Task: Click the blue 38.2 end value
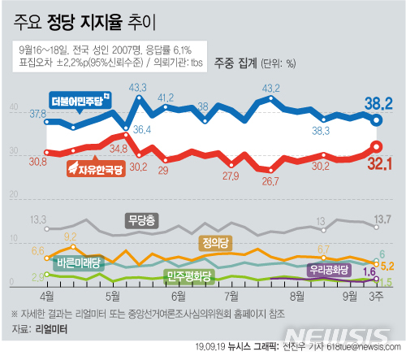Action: point(377,102)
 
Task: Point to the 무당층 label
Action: point(141,219)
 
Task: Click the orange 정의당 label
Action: point(214,241)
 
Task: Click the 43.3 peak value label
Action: point(136,87)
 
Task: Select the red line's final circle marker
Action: point(376,147)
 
